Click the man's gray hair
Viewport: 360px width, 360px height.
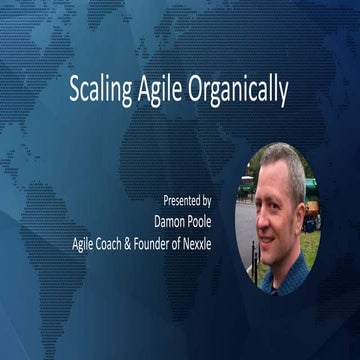281,160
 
